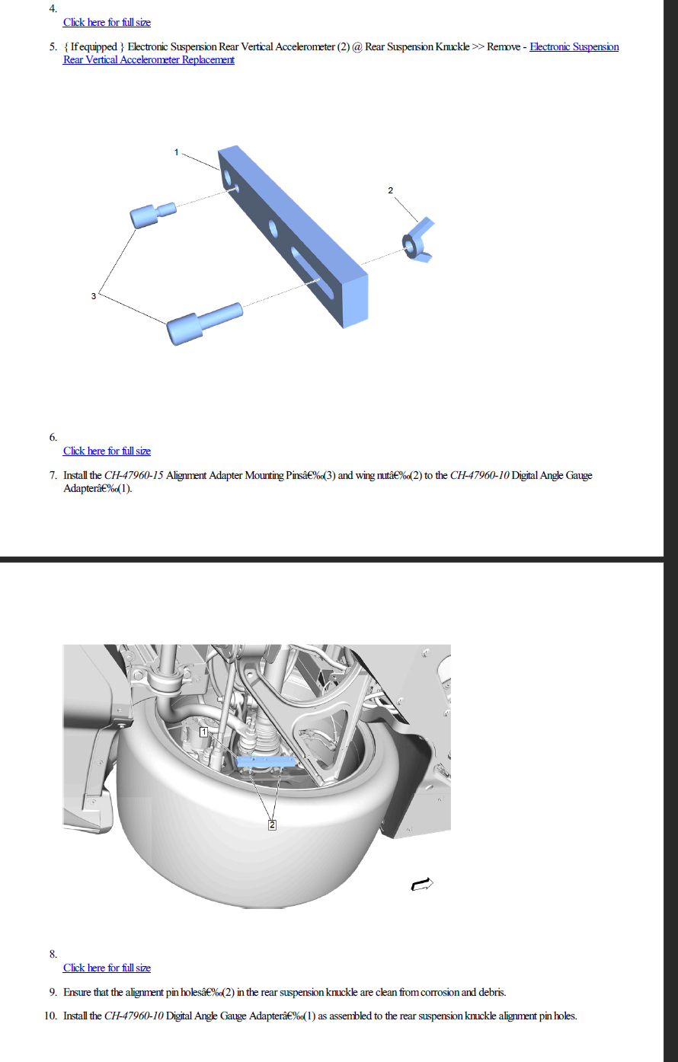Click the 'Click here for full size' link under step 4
pyautogui.click(x=107, y=22)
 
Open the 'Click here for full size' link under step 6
pyautogui.click(x=107, y=451)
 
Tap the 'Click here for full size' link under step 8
pyautogui.click(x=107, y=968)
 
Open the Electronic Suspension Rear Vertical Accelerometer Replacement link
pyautogui.click(x=341, y=53)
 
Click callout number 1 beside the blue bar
pyautogui.click(x=177, y=152)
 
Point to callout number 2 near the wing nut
pyautogui.click(x=391, y=190)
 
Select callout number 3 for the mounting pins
pyautogui.click(x=94, y=296)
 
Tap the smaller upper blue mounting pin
pyautogui.click(x=153, y=215)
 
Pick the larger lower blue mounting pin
pyautogui.click(x=204, y=324)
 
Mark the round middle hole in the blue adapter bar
pyautogui.click(x=273, y=228)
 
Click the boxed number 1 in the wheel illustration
pyautogui.click(x=203, y=732)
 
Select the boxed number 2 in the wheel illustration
pyautogui.click(x=272, y=825)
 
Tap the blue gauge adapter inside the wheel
pyautogui.click(x=265, y=762)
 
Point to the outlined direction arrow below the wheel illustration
pyautogui.click(x=422, y=884)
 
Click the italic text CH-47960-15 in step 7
pyautogui.click(x=134, y=475)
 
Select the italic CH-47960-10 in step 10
pyautogui.click(x=134, y=1016)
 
